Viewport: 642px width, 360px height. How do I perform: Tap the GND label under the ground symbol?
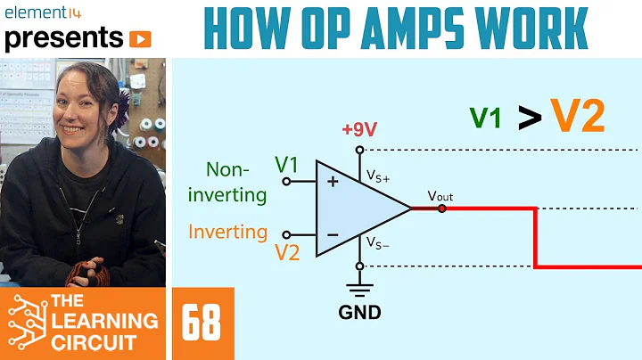pyautogui.click(x=359, y=312)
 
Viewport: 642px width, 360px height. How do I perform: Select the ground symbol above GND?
pyautogui.click(x=359, y=289)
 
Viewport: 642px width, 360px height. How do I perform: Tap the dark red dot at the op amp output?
pyautogui.click(x=442, y=209)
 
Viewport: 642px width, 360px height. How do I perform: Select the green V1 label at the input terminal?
pyautogui.click(x=287, y=165)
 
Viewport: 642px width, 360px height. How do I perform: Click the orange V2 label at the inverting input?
pyautogui.click(x=288, y=253)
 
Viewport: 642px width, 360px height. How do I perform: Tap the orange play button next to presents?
pyautogui.click(x=140, y=38)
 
